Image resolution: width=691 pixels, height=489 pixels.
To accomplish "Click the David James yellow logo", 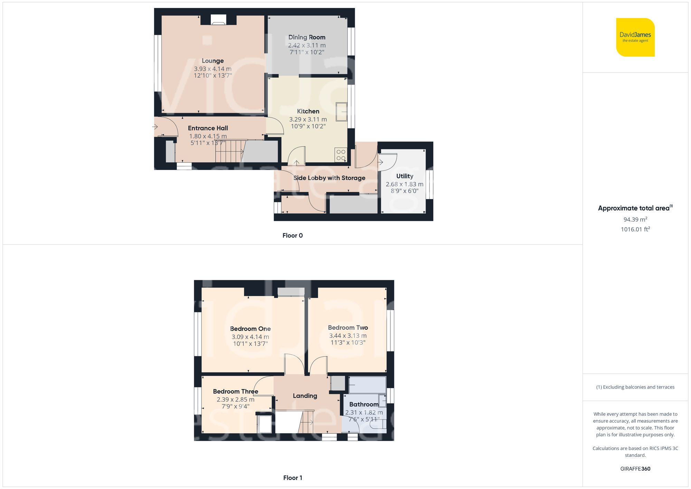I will (x=635, y=37).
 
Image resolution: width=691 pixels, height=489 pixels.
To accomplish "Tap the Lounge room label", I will (x=212, y=61).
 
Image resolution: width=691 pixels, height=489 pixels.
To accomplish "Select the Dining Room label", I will (x=307, y=37).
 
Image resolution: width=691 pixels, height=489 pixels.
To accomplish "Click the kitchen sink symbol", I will (x=342, y=112).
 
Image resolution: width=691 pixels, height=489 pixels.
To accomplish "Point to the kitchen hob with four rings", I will (x=341, y=155).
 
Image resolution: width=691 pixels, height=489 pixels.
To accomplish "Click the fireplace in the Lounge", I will (x=218, y=20).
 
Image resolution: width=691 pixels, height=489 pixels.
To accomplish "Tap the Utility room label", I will (x=405, y=176).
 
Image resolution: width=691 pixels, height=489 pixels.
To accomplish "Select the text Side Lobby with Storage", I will (x=329, y=178).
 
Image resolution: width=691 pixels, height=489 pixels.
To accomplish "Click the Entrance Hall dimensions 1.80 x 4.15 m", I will (x=208, y=136).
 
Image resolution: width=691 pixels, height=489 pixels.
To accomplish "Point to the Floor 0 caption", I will (x=292, y=235).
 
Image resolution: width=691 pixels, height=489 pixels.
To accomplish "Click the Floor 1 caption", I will (x=292, y=478).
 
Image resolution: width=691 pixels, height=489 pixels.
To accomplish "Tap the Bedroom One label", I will (x=250, y=329).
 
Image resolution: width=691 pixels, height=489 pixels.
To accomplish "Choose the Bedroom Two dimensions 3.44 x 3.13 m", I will (x=348, y=336).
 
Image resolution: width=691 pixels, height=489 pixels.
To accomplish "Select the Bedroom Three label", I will (x=235, y=391).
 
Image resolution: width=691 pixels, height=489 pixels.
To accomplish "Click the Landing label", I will (x=305, y=396).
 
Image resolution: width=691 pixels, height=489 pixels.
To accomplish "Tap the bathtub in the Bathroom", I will (x=367, y=385).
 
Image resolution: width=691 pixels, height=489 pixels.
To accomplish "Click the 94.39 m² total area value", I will (x=635, y=219).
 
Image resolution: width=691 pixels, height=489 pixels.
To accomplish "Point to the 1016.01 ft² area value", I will (x=635, y=229).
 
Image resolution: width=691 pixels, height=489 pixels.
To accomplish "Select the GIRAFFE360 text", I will (x=635, y=469).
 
